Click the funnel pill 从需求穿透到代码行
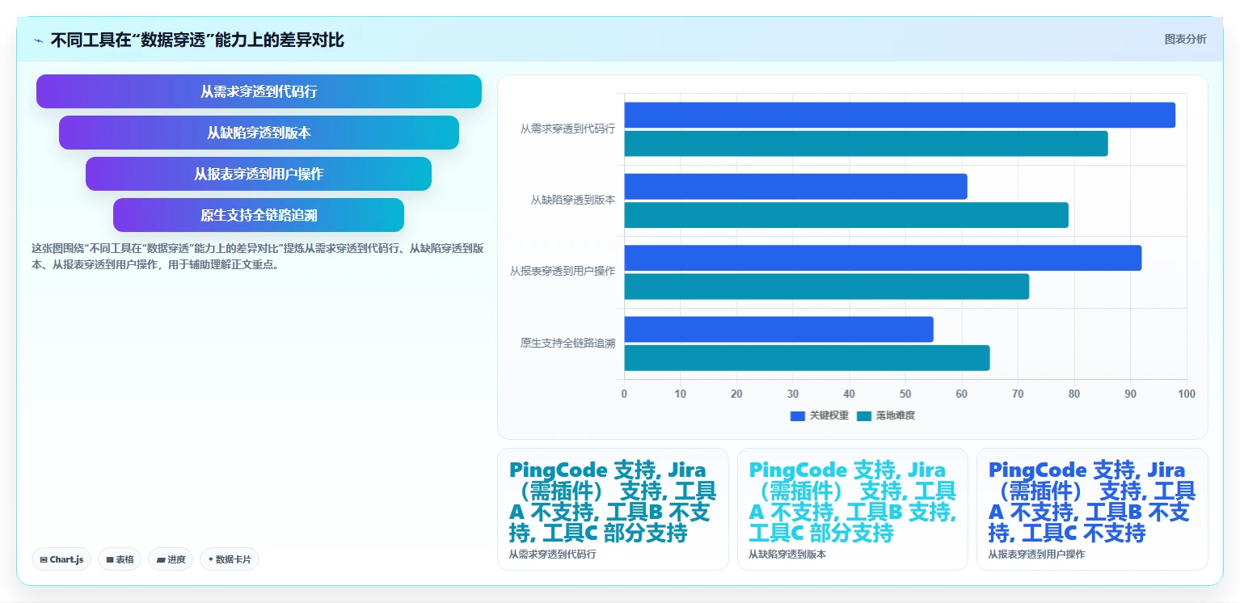[259, 91]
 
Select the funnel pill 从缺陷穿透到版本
[259, 133]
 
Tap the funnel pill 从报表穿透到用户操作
[259, 174]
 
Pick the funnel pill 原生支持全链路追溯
[259, 215]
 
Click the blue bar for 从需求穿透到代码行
[900, 115]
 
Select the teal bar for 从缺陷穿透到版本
[846, 215]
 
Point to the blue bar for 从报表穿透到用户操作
[883, 258]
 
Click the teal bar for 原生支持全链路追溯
[807, 358]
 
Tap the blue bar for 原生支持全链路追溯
[779, 330]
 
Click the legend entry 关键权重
[820, 415]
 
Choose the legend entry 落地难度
[886, 415]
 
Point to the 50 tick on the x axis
[905, 394]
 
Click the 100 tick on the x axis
[1187, 394]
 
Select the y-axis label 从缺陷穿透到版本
[573, 200]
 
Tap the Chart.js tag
[61, 559]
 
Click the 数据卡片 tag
[230, 559]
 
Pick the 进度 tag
[171, 559]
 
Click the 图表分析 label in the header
[1185, 40]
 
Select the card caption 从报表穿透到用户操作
[1036, 555]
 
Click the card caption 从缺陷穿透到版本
[787, 555]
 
